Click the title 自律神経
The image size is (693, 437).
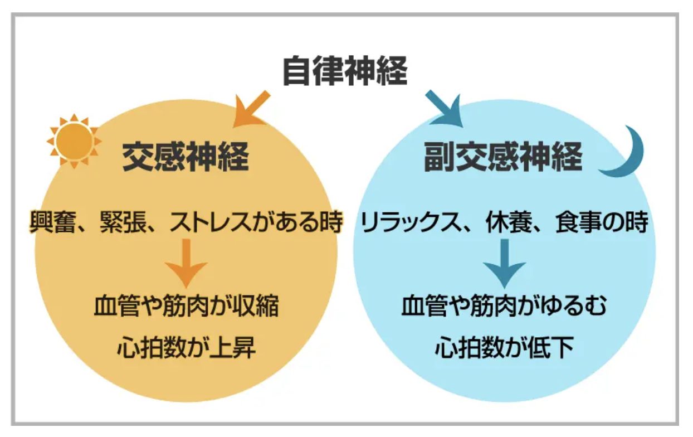(x=345, y=71)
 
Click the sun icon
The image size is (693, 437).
(x=74, y=140)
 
